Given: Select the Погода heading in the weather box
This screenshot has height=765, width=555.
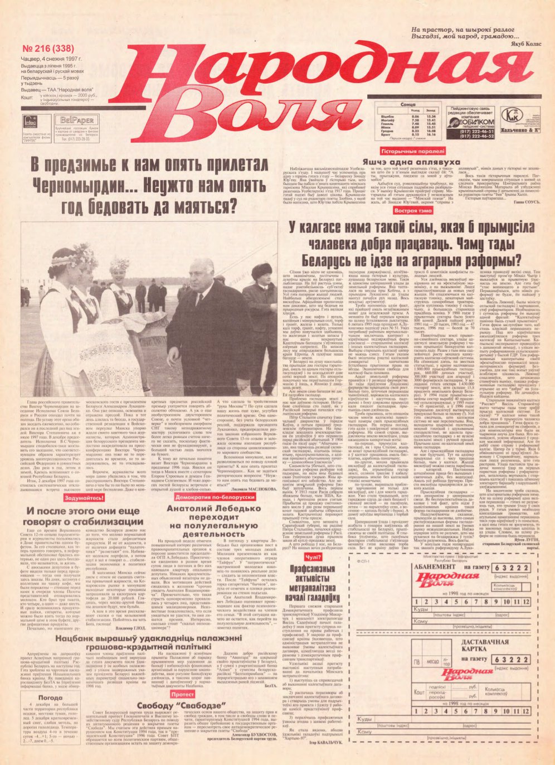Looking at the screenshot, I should click(x=51, y=697).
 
